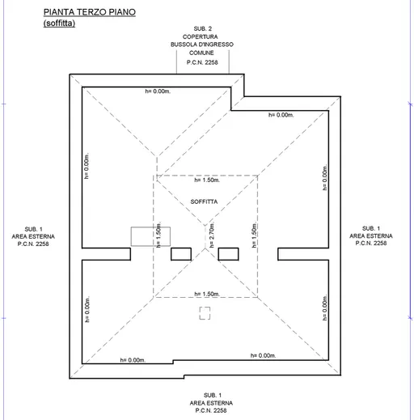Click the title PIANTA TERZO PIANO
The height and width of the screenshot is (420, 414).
click(x=90, y=12)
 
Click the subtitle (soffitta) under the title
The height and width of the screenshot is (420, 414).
click(x=59, y=23)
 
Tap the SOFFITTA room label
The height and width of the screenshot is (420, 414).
click(x=204, y=202)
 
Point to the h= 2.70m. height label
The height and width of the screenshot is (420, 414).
click(x=212, y=235)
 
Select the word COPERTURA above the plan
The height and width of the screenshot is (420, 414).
click(x=201, y=36)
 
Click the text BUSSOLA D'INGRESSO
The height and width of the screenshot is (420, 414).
click(x=202, y=45)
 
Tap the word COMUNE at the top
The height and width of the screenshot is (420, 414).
click(x=201, y=53)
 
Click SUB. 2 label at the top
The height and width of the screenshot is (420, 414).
click(x=203, y=28)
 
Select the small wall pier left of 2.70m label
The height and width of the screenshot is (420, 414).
click(x=181, y=254)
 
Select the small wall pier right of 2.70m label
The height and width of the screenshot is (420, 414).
click(x=228, y=254)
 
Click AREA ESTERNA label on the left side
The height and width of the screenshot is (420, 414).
click(x=33, y=236)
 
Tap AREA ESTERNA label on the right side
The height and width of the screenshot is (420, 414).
click(x=371, y=236)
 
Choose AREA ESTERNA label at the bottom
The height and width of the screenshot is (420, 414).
click(x=211, y=403)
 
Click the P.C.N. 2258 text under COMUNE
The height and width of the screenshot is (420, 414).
click(x=202, y=62)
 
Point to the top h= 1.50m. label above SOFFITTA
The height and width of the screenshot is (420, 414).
click(x=207, y=180)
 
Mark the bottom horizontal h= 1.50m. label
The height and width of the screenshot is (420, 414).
click(x=207, y=294)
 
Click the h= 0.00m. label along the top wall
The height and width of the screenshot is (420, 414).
click(x=158, y=91)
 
